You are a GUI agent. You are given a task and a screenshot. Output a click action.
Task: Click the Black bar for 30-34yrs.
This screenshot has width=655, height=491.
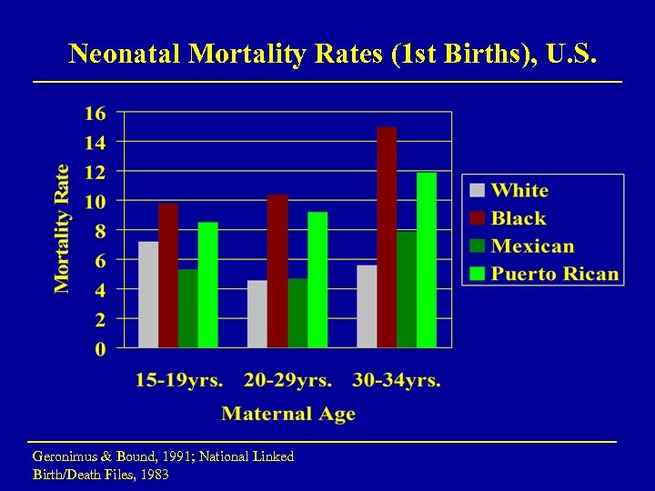tap(387, 237)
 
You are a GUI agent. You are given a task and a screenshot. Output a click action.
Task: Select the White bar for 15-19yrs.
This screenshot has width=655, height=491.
tap(148, 295)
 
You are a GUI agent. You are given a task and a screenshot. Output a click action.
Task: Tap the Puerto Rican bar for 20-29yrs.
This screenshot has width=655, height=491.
tap(317, 280)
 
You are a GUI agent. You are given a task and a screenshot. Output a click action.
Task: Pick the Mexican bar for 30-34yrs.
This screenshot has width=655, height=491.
tap(407, 289)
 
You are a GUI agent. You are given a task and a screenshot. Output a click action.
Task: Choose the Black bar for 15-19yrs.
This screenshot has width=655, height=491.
tap(168, 276)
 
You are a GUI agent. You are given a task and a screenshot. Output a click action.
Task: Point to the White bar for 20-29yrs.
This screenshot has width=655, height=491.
tap(257, 314)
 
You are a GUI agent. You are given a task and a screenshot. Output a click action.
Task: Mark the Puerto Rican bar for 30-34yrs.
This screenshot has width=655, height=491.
tap(427, 260)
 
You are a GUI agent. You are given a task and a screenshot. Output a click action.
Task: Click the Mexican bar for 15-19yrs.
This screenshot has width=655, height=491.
tap(188, 308)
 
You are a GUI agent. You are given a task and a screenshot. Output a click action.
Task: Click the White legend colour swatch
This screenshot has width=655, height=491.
tap(478, 191)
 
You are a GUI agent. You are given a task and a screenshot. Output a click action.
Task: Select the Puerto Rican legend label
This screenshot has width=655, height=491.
tap(555, 274)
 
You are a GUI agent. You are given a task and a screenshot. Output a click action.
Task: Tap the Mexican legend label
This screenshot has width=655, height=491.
tap(533, 246)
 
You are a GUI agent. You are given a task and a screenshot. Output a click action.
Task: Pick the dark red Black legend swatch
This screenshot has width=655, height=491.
tap(478, 218)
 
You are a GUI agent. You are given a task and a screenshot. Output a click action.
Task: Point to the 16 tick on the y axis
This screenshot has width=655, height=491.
tap(95, 114)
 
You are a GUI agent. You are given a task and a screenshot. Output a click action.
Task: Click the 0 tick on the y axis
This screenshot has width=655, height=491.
tap(99, 348)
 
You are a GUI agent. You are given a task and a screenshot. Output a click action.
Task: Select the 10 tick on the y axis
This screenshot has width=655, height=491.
tap(95, 202)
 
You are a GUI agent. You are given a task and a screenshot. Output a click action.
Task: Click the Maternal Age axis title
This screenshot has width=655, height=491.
tap(288, 414)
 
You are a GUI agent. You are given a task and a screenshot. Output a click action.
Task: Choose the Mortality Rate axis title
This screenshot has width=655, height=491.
tap(62, 229)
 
